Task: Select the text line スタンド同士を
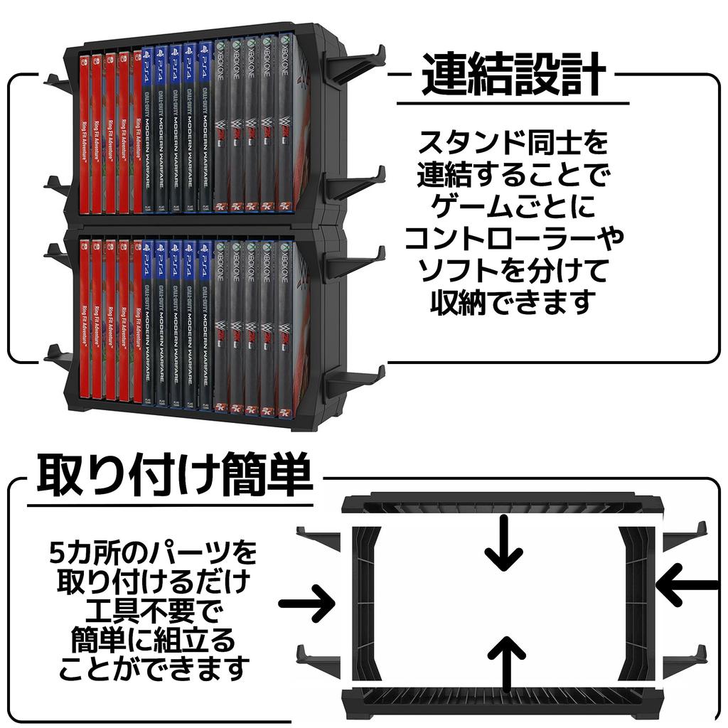[513, 143]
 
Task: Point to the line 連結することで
[513, 175]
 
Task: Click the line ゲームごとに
[513, 208]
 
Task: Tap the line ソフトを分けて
[513, 272]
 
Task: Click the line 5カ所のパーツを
[154, 552]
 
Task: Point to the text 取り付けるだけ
[154, 581]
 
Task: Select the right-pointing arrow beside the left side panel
[307, 604]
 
